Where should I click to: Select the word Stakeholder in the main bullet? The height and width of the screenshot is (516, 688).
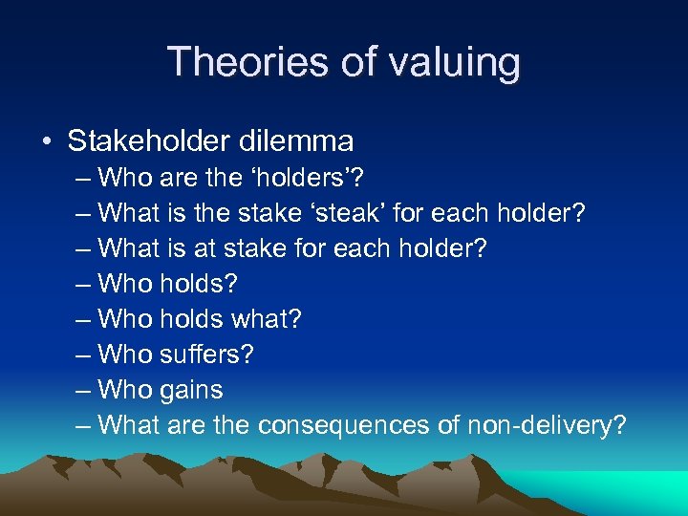[x=149, y=141]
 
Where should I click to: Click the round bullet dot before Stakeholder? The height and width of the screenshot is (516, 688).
[x=47, y=142]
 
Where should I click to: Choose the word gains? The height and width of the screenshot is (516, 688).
[x=192, y=390]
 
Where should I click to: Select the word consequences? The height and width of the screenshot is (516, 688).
[x=354, y=425]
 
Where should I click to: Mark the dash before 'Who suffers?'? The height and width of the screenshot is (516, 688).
[x=83, y=355]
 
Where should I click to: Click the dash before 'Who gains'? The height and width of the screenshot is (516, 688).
[x=83, y=391]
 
